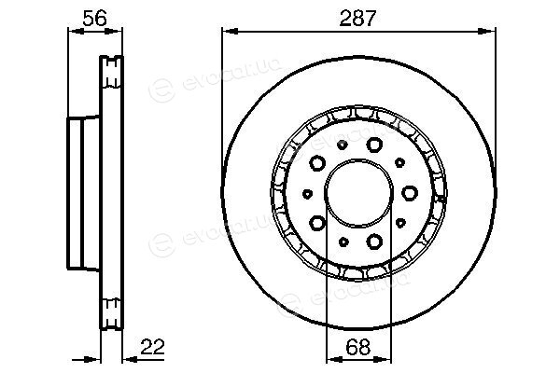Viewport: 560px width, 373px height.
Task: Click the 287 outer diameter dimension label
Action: point(357,19)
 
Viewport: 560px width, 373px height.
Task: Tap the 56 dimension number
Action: point(94,19)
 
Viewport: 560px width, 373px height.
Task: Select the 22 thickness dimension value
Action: point(152,347)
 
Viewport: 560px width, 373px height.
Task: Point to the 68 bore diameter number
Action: point(358,347)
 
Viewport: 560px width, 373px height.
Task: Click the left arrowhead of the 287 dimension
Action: point(230,32)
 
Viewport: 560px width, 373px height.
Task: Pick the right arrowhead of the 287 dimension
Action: point(487,32)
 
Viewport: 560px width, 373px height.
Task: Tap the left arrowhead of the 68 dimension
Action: point(335,359)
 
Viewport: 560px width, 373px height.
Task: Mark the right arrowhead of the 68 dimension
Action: point(384,359)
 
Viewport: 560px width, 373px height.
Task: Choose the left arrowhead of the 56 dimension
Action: point(77,32)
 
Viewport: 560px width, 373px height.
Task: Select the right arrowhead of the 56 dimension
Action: point(114,32)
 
